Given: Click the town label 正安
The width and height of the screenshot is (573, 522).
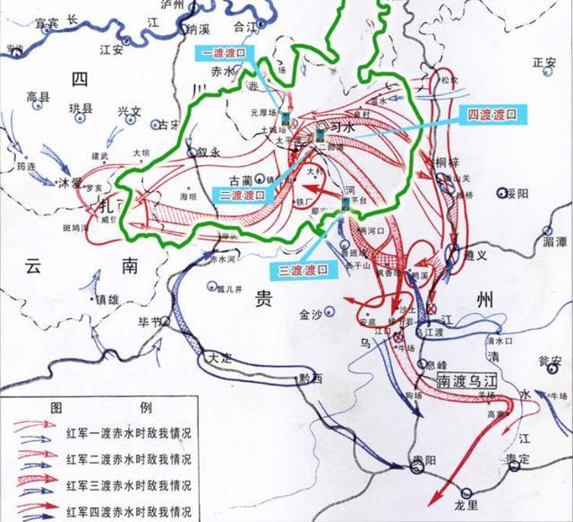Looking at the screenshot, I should point(544,63).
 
